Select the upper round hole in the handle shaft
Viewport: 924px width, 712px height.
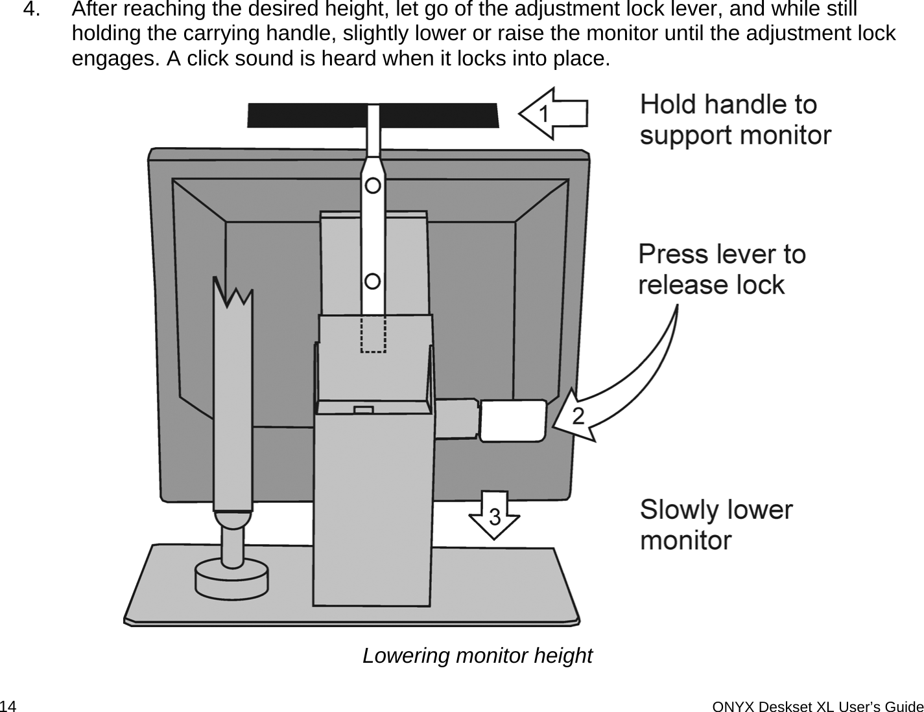pyautogui.click(x=373, y=186)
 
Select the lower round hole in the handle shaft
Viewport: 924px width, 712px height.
pyautogui.click(x=373, y=282)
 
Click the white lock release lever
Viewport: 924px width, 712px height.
pyautogui.click(x=512, y=420)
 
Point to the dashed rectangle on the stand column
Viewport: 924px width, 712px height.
pyautogui.click(x=373, y=334)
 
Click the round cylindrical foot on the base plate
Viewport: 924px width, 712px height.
pyautogui.click(x=231, y=579)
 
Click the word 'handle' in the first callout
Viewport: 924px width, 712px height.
pyautogui.click(x=739, y=105)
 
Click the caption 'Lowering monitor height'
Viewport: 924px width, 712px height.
pyautogui.click(x=477, y=656)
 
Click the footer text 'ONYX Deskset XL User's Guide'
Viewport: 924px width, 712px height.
pyautogui.click(x=817, y=705)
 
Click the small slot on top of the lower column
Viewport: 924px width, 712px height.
pyautogui.click(x=364, y=409)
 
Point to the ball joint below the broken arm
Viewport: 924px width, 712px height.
pyautogui.click(x=232, y=520)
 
